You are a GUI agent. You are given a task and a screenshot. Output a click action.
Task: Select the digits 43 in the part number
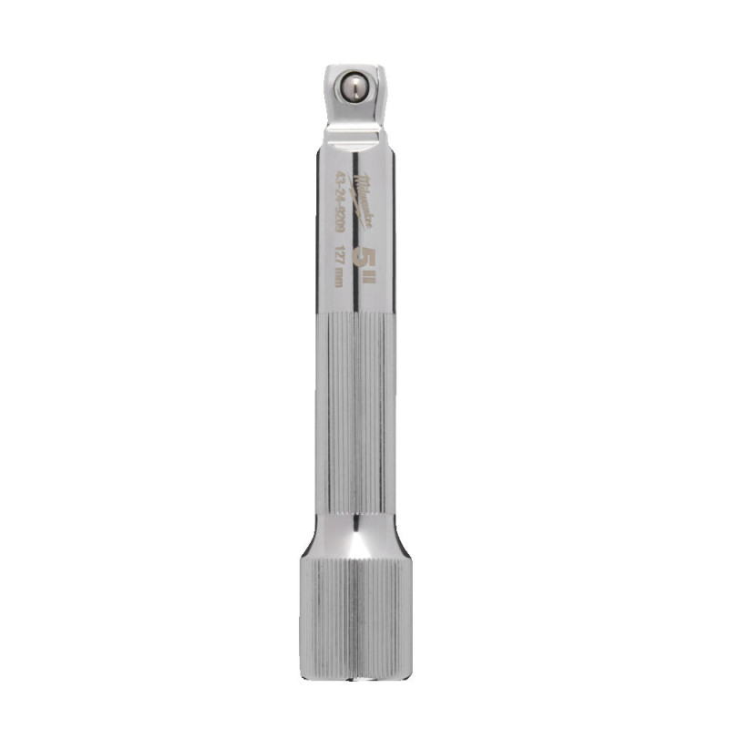pos(338,176)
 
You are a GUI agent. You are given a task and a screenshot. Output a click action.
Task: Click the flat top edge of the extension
pos(352,65)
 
